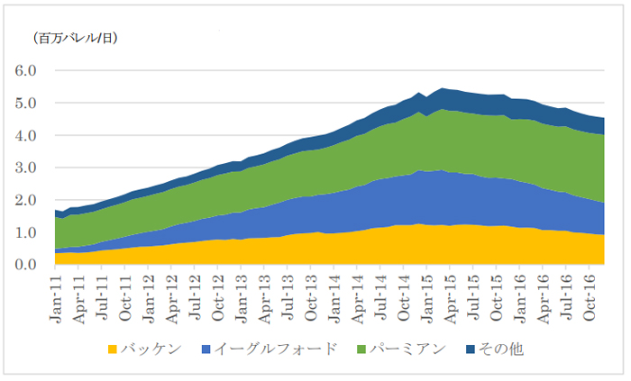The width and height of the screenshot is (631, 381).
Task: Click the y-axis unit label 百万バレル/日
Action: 77,38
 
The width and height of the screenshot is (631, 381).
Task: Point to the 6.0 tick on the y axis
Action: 24,70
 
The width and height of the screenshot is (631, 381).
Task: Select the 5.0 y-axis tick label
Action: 24,103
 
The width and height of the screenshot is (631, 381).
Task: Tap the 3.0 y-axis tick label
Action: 24,168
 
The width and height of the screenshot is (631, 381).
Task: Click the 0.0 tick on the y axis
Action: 24,265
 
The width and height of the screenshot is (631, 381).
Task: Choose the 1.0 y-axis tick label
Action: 24,232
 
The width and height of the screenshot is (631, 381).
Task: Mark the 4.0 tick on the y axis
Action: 24,135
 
